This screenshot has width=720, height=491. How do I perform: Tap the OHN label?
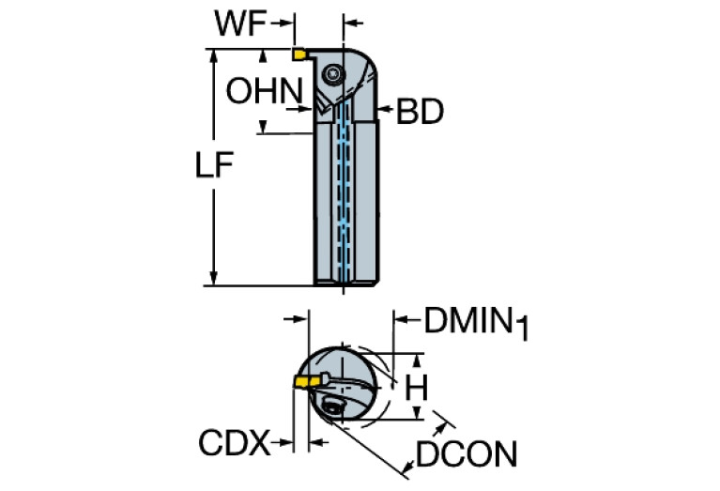point(264,92)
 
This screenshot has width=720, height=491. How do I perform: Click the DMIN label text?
point(467,321)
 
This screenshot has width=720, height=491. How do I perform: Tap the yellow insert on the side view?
point(299,54)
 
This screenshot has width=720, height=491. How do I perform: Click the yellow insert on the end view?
point(304,381)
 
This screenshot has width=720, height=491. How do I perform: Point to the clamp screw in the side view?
point(333,74)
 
